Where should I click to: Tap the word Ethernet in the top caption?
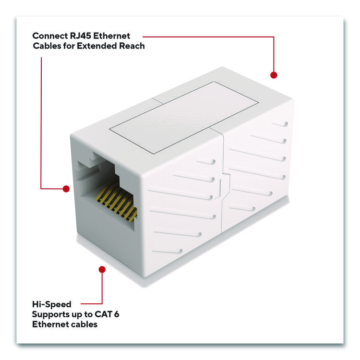pyautogui.click(x=112, y=36)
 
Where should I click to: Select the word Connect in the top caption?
pyautogui.click(x=50, y=36)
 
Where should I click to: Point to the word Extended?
pyautogui.click(x=97, y=46)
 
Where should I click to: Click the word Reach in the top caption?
pyautogui.click(x=132, y=46)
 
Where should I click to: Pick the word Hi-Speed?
pyautogui.click(x=52, y=304)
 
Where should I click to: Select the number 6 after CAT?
pyautogui.click(x=117, y=314)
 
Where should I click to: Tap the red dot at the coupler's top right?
pyautogui.click(x=274, y=75)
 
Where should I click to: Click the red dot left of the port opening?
pyautogui.click(x=66, y=189)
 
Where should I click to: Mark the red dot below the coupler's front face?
pyautogui.click(x=102, y=269)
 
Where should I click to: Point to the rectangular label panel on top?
pyautogui.click(x=184, y=117)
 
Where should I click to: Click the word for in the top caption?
pyautogui.click(x=69, y=46)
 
